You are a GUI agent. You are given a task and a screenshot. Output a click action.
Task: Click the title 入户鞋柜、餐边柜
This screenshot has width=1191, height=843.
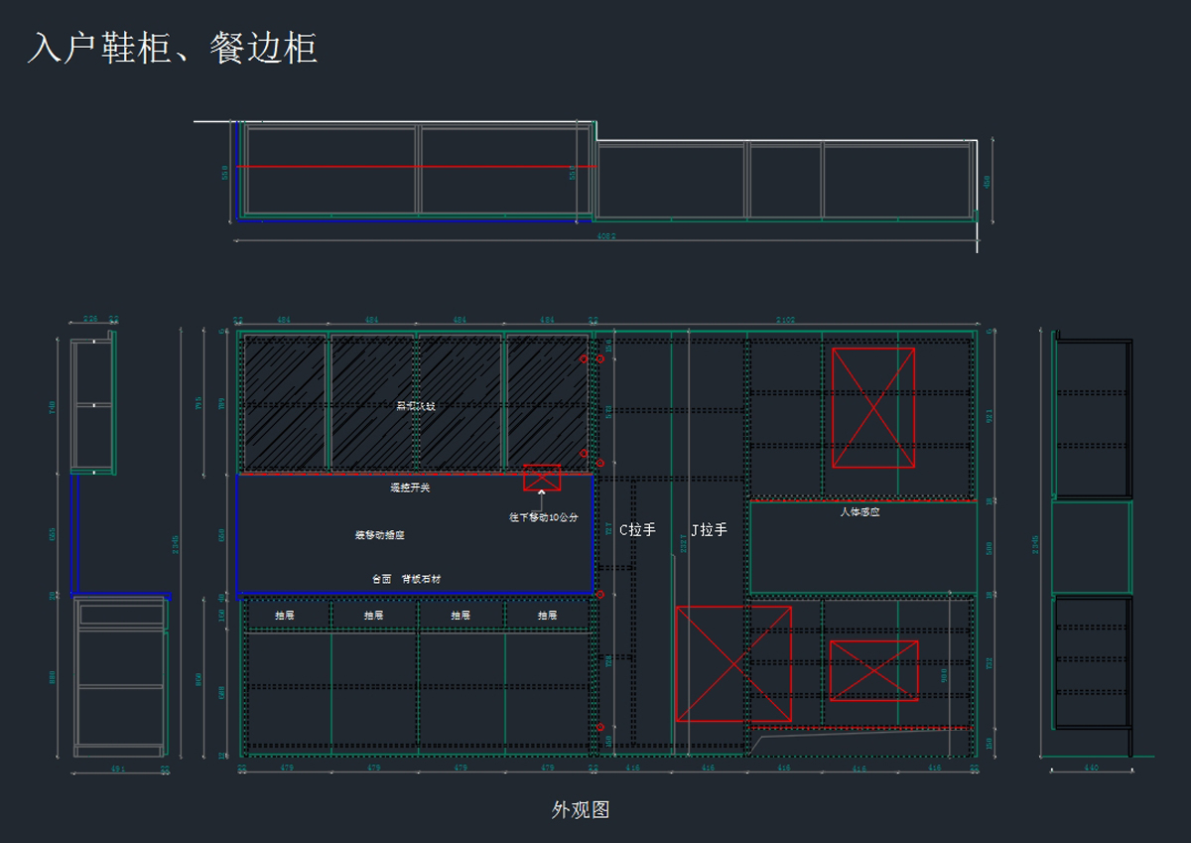(x=173, y=48)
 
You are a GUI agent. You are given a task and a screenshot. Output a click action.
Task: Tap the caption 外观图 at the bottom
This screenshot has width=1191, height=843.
(x=581, y=809)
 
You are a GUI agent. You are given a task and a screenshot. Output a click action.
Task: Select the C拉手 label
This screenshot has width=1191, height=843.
(x=637, y=530)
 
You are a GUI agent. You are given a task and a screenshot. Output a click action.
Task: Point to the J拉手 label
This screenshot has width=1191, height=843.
(x=709, y=530)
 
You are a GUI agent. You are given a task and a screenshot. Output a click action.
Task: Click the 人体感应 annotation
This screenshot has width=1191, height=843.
(x=860, y=512)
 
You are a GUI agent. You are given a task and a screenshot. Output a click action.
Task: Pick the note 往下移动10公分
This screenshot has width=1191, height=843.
(x=544, y=517)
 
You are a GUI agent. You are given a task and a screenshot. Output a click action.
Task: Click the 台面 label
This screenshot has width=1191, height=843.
(x=382, y=578)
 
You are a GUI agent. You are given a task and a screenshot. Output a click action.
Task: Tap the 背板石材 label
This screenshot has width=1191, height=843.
(x=422, y=578)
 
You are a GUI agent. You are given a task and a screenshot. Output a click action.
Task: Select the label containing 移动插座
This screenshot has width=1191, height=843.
(x=380, y=535)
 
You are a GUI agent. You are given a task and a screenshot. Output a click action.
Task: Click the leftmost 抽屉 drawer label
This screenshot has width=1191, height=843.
(x=285, y=616)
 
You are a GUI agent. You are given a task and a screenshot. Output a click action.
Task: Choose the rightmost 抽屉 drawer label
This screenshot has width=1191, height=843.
(x=547, y=616)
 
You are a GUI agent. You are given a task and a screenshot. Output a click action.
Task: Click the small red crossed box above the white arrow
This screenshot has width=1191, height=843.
(x=542, y=477)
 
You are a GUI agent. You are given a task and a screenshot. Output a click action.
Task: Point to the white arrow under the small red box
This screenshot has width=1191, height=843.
(x=542, y=492)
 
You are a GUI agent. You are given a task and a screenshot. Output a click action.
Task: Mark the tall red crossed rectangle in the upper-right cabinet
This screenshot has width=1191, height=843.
(x=873, y=407)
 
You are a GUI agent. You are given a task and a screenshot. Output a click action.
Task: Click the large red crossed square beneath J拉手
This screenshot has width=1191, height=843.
(x=733, y=663)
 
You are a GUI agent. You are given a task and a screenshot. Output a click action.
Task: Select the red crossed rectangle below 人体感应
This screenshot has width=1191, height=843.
(x=873, y=670)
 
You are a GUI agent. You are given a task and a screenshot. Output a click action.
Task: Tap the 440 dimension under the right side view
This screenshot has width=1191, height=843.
(x=1091, y=768)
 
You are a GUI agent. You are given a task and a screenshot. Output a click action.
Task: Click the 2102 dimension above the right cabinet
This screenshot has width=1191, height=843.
(x=785, y=321)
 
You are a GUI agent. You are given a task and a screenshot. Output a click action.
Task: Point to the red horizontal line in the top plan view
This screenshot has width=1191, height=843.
(x=417, y=166)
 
